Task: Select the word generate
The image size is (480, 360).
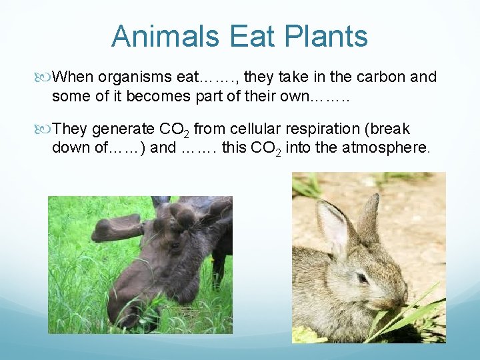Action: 120,129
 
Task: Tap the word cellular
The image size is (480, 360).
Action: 245,129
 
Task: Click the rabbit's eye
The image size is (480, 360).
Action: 361,277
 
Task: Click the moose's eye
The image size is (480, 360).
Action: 175,245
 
